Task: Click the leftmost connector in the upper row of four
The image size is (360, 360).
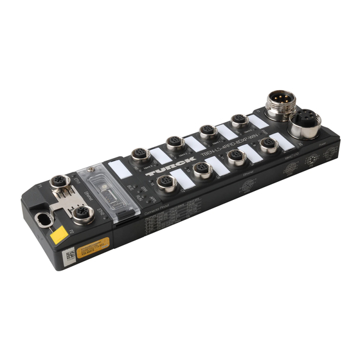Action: pos(139,155)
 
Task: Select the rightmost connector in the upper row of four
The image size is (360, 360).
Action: pos(239,120)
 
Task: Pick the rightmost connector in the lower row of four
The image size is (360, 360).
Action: pos(269,145)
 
